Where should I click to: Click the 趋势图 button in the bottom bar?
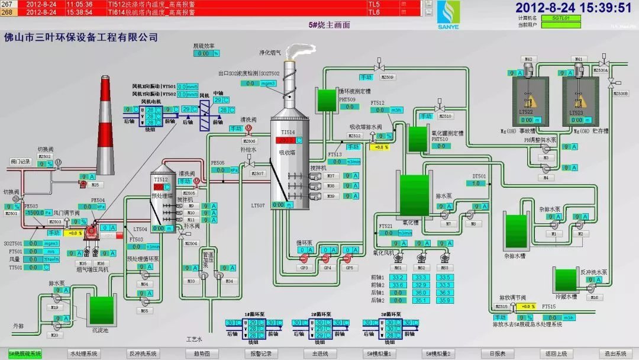201,354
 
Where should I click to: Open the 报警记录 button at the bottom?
260,354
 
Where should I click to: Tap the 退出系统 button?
615,354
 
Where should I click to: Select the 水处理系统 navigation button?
83,354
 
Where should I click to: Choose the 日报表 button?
497,354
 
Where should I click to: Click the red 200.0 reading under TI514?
287,140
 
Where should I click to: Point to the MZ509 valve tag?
388,77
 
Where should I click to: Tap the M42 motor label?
528,59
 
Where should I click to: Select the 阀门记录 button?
20,161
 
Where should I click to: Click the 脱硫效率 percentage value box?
206,53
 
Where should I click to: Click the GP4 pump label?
327,268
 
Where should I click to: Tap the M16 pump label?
594,297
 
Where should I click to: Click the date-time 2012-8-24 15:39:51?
573,8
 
